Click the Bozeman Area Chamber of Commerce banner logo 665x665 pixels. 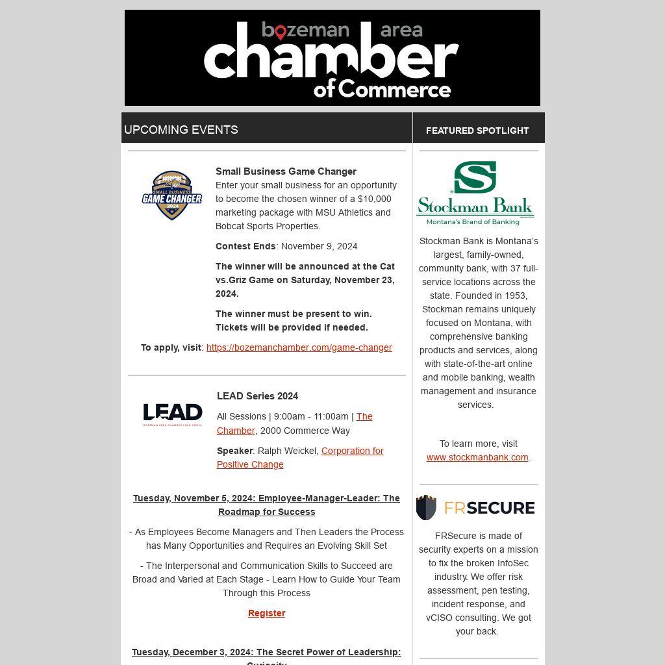click(332, 58)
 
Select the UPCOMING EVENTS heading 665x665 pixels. click(181, 130)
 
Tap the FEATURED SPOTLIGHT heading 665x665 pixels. click(477, 131)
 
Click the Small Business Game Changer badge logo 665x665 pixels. click(172, 195)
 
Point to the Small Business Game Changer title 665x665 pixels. click(286, 171)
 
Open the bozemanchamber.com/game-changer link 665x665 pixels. click(299, 347)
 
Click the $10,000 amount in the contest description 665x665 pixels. click(375, 199)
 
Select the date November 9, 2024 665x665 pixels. click(319, 246)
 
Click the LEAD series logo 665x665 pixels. click(172, 414)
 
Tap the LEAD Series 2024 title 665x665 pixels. click(257, 396)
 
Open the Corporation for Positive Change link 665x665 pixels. click(300, 457)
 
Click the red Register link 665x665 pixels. click(266, 613)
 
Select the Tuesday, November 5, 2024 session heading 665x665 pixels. click(266, 505)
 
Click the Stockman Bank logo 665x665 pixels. click(475, 193)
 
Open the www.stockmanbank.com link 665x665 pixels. click(477, 457)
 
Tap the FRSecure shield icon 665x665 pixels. click(426, 507)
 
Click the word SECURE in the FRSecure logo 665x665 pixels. click(502, 508)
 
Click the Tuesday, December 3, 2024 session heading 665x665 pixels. click(266, 653)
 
